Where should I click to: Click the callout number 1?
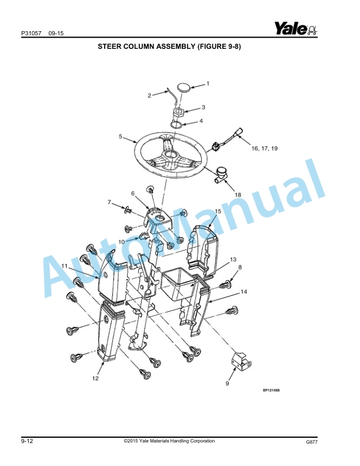click(207, 84)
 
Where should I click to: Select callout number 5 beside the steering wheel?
click(121, 137)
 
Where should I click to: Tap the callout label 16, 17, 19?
click(265, 149)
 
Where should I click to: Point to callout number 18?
click(238, 194)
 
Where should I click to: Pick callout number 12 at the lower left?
click(95, 379)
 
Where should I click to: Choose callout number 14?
click(244, 292)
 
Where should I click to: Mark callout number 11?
click(64, 266)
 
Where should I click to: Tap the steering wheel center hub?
click(171, 154)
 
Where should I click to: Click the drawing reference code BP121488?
click(271, 390)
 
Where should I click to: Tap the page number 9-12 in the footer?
click(26, 442)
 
